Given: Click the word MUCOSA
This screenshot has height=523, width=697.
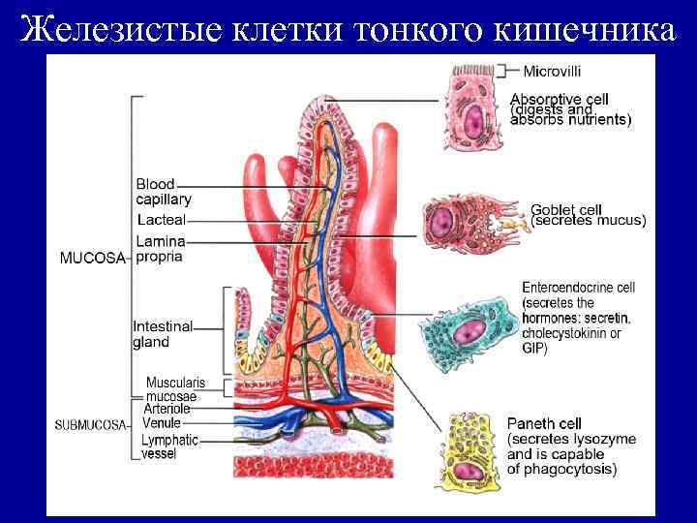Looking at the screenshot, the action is coord(93,259).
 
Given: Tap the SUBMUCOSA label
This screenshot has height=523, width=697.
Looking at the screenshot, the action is coord(90,425).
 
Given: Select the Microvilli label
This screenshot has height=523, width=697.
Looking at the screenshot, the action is coord(553,71).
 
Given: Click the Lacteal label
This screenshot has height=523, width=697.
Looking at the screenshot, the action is coord(161,221).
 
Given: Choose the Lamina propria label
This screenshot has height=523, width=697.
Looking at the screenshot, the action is coord(161,249).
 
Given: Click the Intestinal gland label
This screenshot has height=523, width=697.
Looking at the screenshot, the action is coord(163,334).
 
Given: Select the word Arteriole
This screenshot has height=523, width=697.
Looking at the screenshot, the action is coord(167,410).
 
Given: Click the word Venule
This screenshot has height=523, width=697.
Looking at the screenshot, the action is coord(161,423).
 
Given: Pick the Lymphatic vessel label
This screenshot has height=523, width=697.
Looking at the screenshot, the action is coord(168,446).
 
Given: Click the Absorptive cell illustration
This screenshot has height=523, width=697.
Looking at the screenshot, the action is coord(475,109).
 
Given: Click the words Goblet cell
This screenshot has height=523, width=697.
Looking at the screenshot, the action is coord(566,209).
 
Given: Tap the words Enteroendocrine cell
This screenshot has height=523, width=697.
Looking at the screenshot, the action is coord(578,288).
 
